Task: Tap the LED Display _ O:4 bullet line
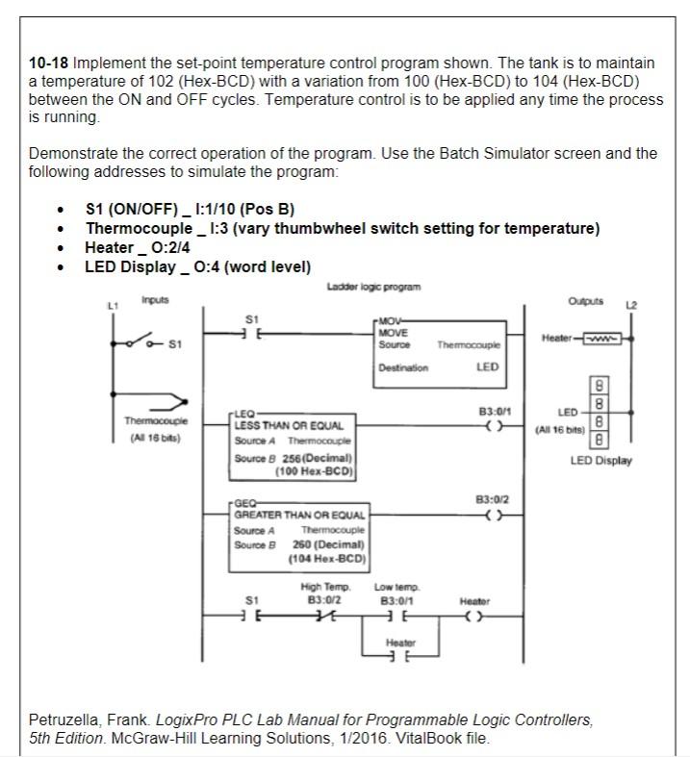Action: click(x=197, y=266)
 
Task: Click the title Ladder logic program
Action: click(x=374, y=287)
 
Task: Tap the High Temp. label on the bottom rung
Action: click(x=325, y=586)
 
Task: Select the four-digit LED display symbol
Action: click(x=601, y=412)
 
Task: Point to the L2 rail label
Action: click(x=631, y=305)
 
